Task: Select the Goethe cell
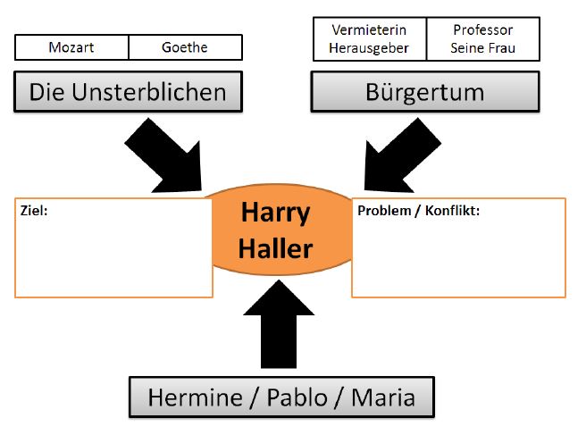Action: coord(185,47)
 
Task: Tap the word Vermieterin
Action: coord(370,30)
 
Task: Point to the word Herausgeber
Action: coord(370,48)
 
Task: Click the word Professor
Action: coord(483,30)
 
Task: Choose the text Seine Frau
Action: coord(483,48)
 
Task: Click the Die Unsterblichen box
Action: coord(128,91)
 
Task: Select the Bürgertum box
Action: coord(425,91)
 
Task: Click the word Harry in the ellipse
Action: coord(275,213)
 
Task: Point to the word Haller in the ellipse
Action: coord(275,247)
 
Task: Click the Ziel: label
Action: coord(34,212)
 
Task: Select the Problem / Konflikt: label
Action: coord(418,212)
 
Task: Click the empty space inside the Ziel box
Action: coord(113,259)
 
